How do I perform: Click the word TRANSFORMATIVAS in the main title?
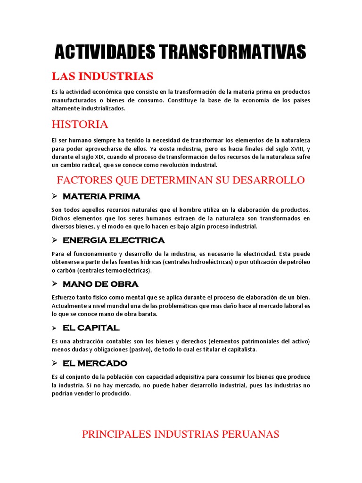coord(225,52)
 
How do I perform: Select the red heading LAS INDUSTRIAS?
coord(102,76)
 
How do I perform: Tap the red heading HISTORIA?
coord(80,125)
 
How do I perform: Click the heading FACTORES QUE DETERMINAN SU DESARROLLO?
coord(181,180)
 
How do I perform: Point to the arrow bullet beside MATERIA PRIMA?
coord(54,196)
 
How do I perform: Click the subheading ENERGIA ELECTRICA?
coord(114,240)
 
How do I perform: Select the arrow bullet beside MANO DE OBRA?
coord(54,284)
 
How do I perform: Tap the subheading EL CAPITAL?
coord(91,327)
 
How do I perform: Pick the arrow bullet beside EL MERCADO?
coord(54,363)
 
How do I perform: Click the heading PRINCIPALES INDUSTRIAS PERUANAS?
coord(181,434)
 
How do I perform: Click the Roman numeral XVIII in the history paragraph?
coord(293,149)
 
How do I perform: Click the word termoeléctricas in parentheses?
coord(126,271)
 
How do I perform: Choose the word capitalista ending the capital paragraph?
coord(240,350)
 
